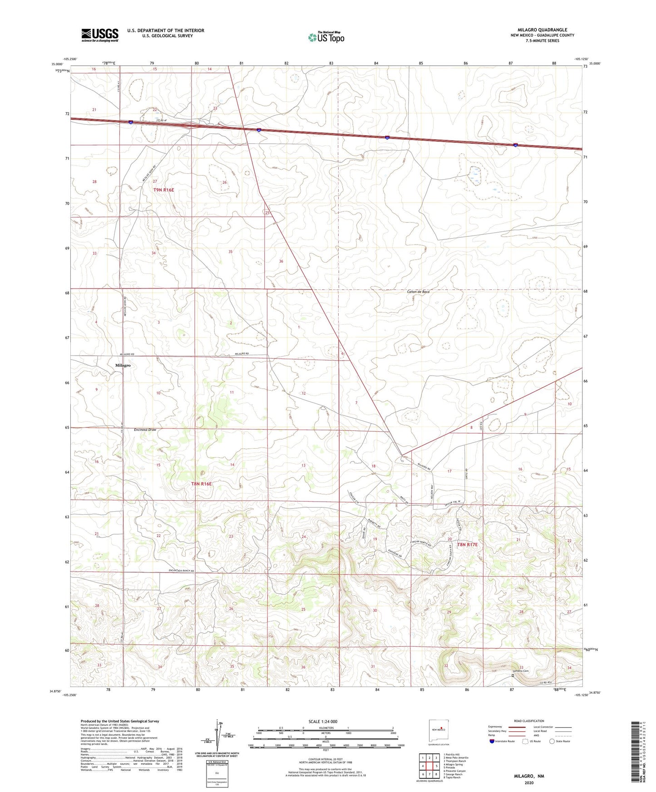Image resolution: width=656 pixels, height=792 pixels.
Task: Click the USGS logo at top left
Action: point(100,35)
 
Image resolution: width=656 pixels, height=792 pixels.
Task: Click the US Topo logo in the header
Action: point(326,37)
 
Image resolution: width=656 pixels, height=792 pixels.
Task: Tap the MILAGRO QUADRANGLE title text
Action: point(542,30)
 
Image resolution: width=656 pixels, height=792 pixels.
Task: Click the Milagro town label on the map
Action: point(123,365)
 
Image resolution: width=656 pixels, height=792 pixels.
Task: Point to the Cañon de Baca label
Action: point(418,292)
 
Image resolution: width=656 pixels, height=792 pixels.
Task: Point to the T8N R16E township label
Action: point(201,484)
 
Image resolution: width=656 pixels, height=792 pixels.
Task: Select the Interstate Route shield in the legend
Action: point(493,741)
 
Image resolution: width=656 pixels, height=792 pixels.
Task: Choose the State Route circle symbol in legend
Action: point(552,741)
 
